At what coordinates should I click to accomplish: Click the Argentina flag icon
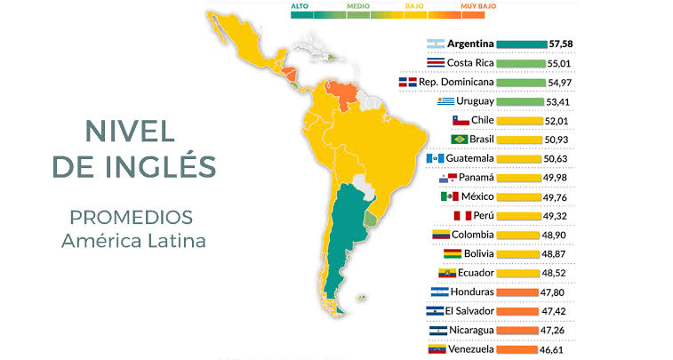436,44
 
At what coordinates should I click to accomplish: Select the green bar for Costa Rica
520,63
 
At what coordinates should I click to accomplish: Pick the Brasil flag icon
460,140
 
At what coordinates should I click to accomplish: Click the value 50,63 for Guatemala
560,159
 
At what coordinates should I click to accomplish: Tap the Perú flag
461,216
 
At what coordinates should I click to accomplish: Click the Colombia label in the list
472,235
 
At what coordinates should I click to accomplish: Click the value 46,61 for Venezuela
560,349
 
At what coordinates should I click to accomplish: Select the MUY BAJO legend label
478,5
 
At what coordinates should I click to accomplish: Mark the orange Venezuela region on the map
341,92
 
